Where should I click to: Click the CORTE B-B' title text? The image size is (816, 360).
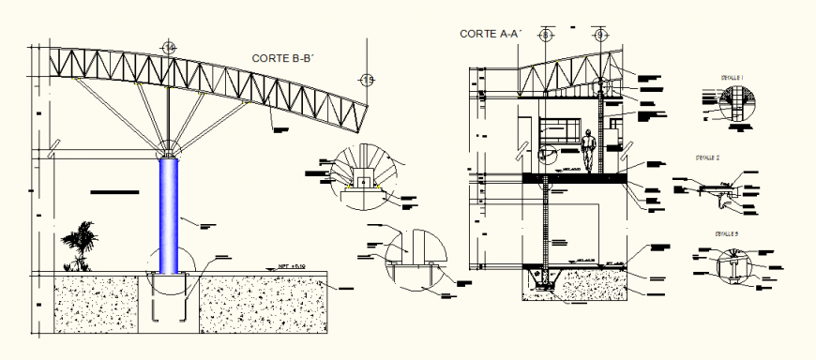[282, 58]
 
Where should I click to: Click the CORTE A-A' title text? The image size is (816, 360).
[490, 34]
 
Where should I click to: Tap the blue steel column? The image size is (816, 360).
[169, 215]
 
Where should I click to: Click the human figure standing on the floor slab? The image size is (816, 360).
[589, 152]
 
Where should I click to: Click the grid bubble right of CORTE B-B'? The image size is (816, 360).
[368, 80]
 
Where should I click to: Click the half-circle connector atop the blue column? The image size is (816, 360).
[169, 151]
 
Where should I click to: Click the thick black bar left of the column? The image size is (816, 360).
[114, 191]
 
